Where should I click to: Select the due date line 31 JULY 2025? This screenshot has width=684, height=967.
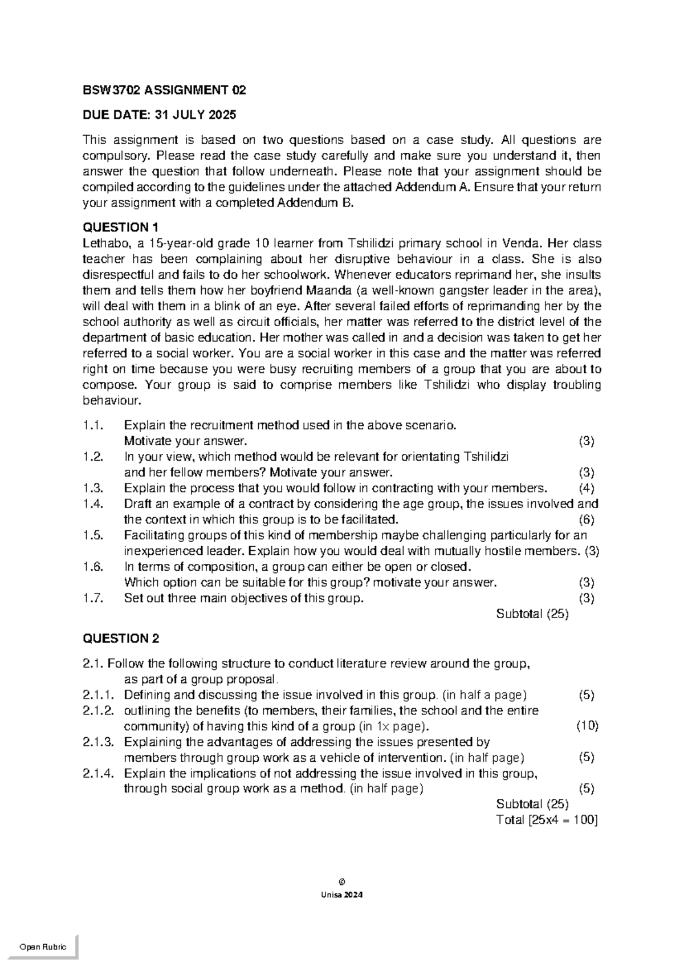(159, 115)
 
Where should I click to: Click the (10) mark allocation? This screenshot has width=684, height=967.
(587, 726)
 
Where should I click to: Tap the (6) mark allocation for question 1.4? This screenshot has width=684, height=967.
(587, 519)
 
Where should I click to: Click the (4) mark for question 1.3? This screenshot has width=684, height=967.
(587, 488)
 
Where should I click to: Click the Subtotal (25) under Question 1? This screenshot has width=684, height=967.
(532, 614)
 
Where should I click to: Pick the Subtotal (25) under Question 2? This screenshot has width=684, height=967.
(532, 804)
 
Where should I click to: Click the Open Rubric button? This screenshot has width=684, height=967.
(43, 947)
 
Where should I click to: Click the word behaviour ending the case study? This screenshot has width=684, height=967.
(111, 401)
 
